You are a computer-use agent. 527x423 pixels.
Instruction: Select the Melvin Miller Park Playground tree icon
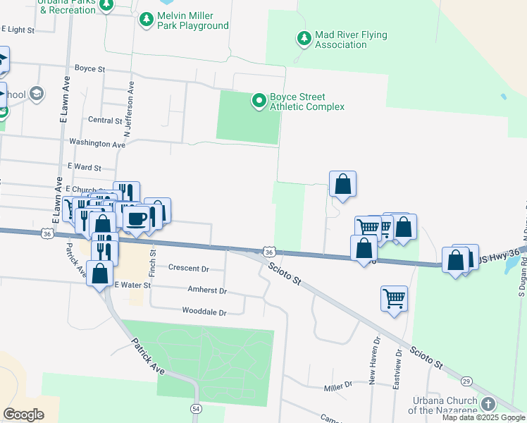[147, 20]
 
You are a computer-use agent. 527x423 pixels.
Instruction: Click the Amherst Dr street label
[207, 290]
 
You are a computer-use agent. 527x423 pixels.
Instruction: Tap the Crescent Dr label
[190, 269]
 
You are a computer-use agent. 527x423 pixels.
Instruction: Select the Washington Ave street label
[97, 144]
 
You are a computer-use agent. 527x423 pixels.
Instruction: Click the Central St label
[106, 121]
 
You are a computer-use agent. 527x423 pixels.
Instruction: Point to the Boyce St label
[89, 70]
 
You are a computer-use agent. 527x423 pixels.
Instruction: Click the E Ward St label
[85, 168]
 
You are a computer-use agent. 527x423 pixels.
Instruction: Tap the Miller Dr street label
[337, 386]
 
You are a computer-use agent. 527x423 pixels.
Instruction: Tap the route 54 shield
[196, 408]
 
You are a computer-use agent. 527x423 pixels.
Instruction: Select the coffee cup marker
[136, 219]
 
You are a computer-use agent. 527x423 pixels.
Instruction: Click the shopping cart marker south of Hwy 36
[394, 298]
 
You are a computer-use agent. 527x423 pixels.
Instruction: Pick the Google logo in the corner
[24, 415]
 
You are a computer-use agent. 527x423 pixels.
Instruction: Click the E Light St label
[18, 30]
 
